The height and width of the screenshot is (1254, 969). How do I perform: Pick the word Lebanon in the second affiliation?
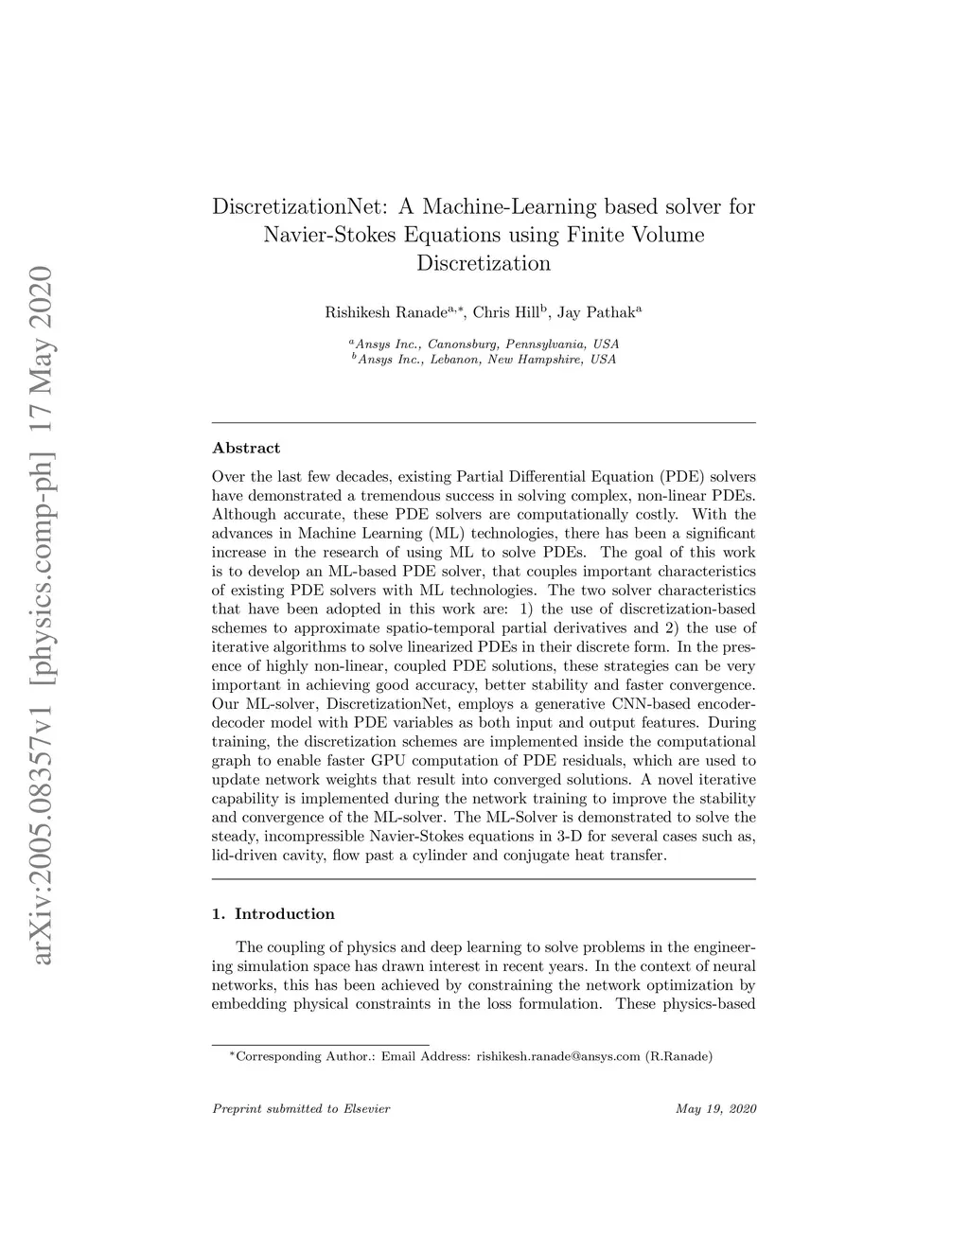(454, 360)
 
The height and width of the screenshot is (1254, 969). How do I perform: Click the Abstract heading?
(246, 448)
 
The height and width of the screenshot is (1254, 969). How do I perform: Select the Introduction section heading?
(284, 914)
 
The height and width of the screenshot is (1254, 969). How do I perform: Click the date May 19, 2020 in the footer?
(716, 1109)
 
